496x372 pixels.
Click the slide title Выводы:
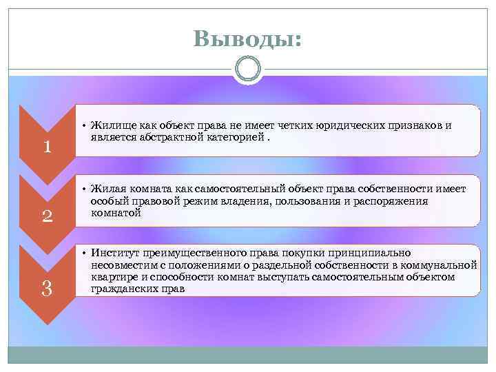point(247,39)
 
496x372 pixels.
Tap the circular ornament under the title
point(247,70)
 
